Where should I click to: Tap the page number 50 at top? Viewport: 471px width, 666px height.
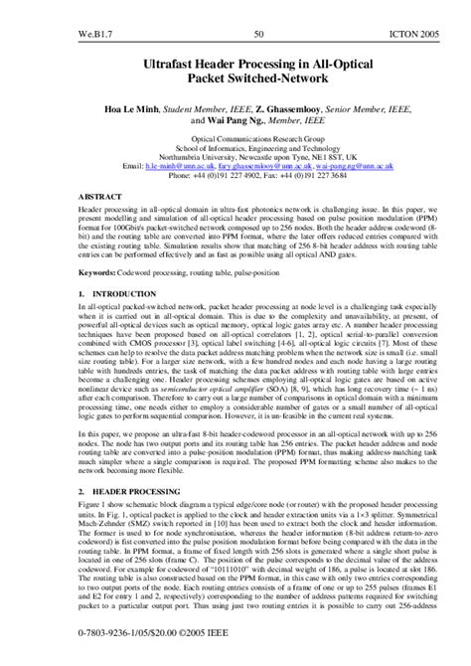click(258, 10)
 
